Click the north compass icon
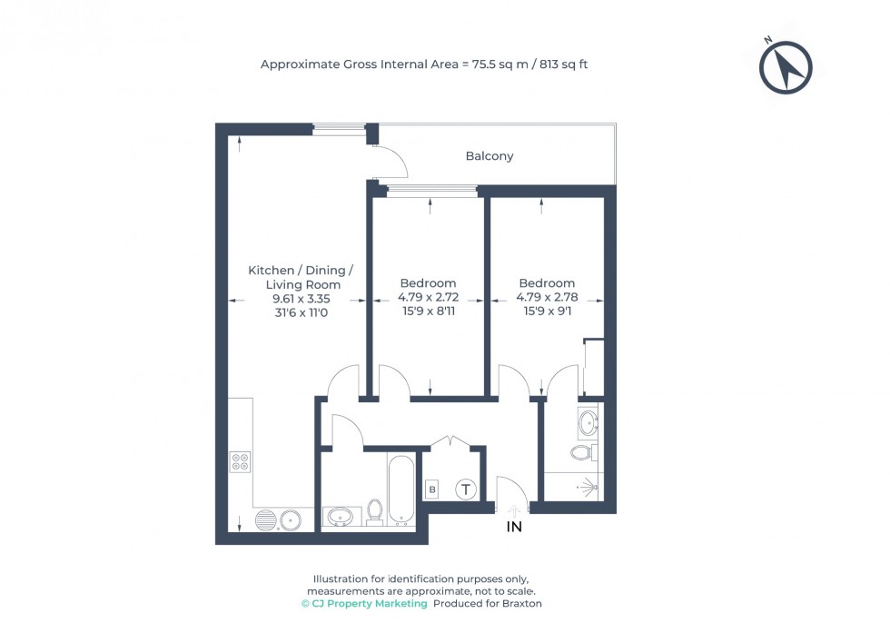point(786,68)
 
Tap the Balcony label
point(489,156)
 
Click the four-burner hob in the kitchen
point(242,462)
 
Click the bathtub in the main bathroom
point(401,490)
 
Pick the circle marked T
point(466,490)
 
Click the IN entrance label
point(514,527)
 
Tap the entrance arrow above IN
point(514,510)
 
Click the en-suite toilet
point(583,451)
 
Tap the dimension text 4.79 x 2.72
point(428,297)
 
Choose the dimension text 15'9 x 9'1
point(547,311)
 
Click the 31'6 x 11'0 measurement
point(294,311)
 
